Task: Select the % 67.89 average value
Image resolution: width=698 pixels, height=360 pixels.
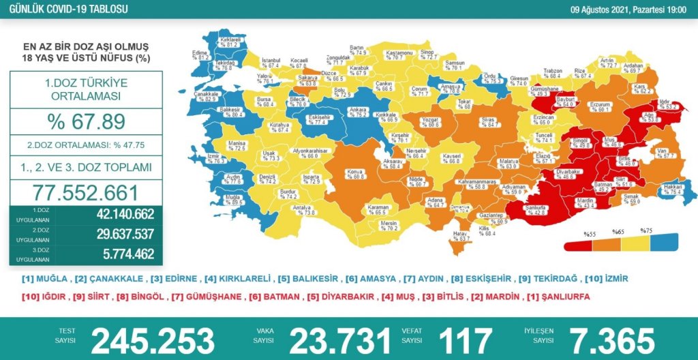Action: [x=86, y=122]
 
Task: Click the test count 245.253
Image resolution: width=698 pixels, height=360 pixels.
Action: [x=153, y=340]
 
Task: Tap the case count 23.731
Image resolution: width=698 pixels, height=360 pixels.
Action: [x=341, y=340]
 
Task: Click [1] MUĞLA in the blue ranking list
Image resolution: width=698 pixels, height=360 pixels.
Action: [x=45, y=279]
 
